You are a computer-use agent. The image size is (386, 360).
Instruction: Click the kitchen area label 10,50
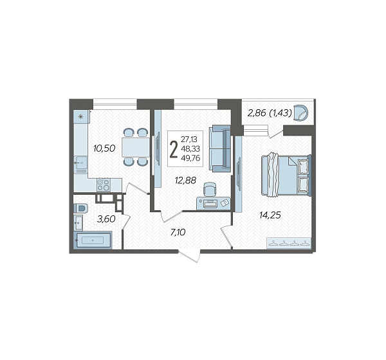coord(104,148)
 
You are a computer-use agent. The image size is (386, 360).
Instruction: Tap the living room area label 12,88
coord(185,181)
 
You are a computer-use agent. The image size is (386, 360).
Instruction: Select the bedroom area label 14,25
coord(270,215)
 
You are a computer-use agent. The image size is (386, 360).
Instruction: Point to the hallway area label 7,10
coord(178,232)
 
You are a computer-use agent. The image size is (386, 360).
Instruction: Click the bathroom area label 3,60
coord(106,219)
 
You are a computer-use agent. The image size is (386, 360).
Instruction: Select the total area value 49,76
coord(190,158)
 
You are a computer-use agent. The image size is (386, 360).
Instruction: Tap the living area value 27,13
coord(189,139)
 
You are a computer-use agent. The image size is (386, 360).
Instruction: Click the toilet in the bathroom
coord(81,208)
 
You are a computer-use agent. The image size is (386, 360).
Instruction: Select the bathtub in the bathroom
coord(93,239)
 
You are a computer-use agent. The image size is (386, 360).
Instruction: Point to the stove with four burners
coord(104,184)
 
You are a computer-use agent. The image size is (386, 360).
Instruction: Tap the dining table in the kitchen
coord(136,147)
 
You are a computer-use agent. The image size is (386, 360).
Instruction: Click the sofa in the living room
coord(220,148)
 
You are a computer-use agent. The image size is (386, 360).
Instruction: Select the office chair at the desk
coord(210,189)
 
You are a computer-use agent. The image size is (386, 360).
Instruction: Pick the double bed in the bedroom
coord(286,174)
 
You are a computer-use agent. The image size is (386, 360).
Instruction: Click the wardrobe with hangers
coord(288,243)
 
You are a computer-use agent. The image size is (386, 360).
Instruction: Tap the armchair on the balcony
coord(301,113)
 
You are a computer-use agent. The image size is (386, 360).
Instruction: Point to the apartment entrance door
coord(189,256)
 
